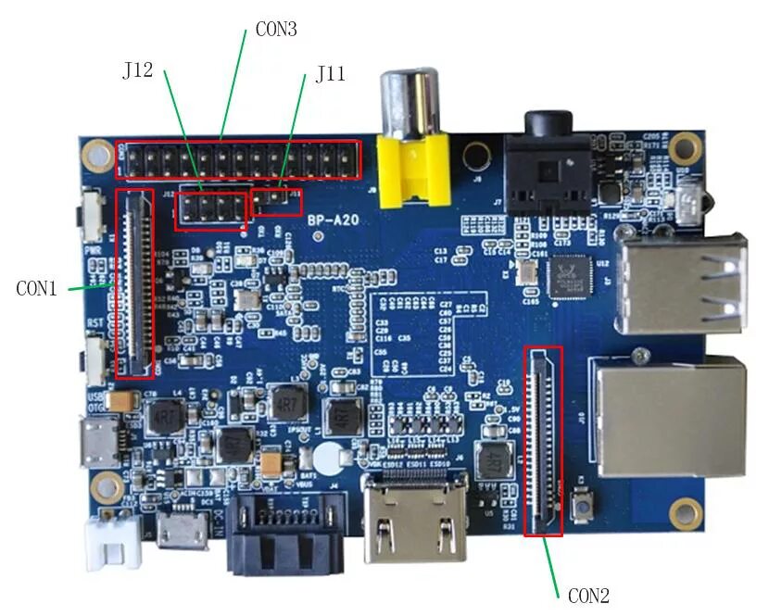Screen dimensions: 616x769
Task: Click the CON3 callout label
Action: click(275, 29)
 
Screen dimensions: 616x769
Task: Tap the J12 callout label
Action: click(137, 70)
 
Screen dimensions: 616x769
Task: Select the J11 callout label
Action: click(331, 74)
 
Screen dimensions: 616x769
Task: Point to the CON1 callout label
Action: click(37, 288)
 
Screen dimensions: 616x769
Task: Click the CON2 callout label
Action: click(588, 595)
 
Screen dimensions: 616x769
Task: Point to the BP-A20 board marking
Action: click(334, 220)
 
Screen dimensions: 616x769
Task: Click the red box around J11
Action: click(277, 202)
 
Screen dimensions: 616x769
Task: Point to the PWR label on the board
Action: click(92, 250)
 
